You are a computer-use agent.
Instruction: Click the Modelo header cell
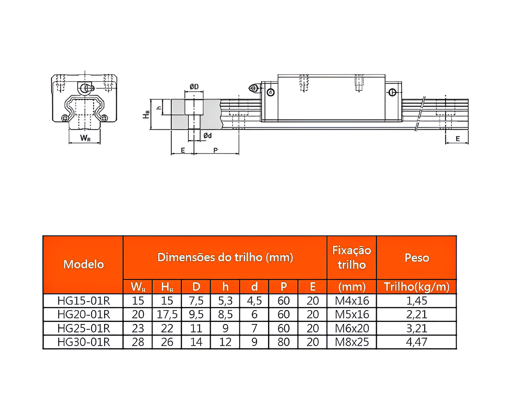click(x=83, y=264)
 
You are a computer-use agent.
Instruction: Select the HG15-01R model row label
click(x=83, y=300)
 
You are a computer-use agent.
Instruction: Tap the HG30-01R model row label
click(x=83, y=342)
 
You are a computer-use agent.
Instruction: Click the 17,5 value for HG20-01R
click(x=167, y=314)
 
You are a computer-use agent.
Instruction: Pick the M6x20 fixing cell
click(x=352, y=328)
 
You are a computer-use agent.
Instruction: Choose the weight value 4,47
click(x=416, y=342)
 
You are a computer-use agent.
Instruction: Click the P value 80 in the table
click(x=283, y=342)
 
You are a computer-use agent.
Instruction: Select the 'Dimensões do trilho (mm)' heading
click(x=225, y=257)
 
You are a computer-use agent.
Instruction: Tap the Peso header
click(x=416, y=257)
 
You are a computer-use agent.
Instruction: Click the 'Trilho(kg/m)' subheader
click(x=416, y=286)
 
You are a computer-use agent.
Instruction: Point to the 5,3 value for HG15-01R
click(x=225, y=300)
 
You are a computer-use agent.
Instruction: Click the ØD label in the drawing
click(x=194, y=86)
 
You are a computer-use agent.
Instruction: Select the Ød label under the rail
click(x=207, y=135)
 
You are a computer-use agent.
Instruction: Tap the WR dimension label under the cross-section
click(x=85, y=138)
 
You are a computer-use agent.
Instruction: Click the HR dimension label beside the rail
click(x=146, y=114)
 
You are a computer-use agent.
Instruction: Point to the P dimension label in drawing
click(x=215, y=150)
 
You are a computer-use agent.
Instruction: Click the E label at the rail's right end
click(x=457, y=139)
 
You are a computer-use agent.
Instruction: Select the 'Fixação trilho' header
click(x=352, y=257)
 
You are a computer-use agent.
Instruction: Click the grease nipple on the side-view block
click(x=253, y=88)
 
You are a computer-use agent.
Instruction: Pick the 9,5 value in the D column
click(x=196, y=314)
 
